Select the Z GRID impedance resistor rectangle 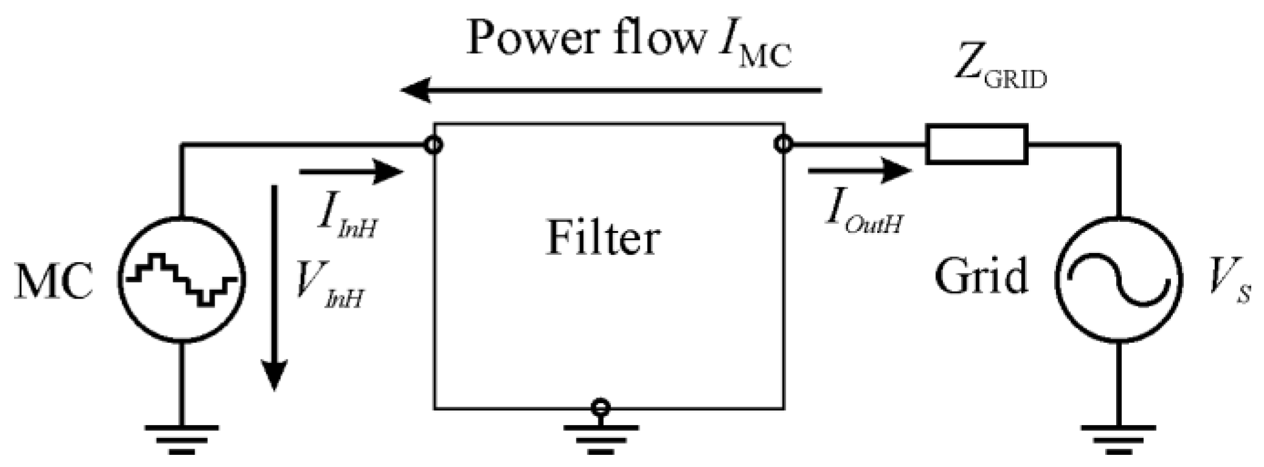[x=976, y=145]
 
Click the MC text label [x=54, y=281]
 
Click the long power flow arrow [x=611, y=91]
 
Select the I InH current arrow [x=351, y=172]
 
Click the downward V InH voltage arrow [x=274, y=286]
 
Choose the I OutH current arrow [x=859, y=171]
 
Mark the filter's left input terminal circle [x=434, y=145]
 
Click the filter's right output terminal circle [x=783, y=145]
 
